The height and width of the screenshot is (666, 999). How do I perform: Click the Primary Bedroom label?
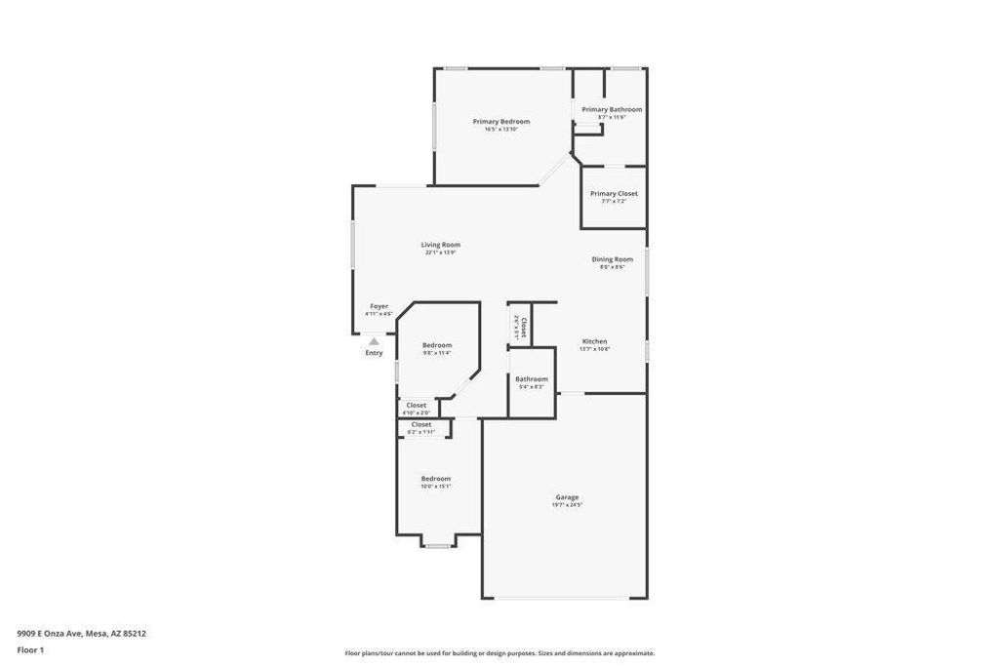tap(500, 121)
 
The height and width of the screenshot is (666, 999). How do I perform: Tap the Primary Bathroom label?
tap(612, 109)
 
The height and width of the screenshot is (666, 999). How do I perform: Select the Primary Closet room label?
tap(614, 193)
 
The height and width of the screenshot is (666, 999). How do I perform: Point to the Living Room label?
tap(440, 245)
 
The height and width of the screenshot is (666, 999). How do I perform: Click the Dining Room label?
tap(612, 259)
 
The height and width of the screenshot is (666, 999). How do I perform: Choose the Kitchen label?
tap(594, 341)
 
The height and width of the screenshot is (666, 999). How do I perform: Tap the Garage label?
tap(567, 497)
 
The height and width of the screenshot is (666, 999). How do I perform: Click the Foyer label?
tap(379, 306)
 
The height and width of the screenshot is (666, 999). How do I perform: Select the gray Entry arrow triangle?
tap(374, 341)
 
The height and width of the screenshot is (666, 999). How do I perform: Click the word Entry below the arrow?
tap(374, 353)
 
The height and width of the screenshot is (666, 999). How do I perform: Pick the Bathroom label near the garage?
tap(532, 378)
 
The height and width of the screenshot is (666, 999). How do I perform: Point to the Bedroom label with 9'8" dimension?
tap(436, 345)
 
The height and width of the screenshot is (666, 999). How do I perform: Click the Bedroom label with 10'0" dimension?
tap(435, 478)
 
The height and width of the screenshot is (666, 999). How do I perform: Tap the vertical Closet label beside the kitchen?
tap(524, 328)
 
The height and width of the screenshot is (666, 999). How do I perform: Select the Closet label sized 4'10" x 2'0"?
tap(416, 405)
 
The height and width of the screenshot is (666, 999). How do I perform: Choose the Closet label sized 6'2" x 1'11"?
tap(420, 424)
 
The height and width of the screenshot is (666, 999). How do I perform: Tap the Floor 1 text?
tap(30, 649)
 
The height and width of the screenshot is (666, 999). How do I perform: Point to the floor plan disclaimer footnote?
tap(499, 653)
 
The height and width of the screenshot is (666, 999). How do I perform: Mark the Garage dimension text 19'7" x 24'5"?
tap(567, 505)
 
